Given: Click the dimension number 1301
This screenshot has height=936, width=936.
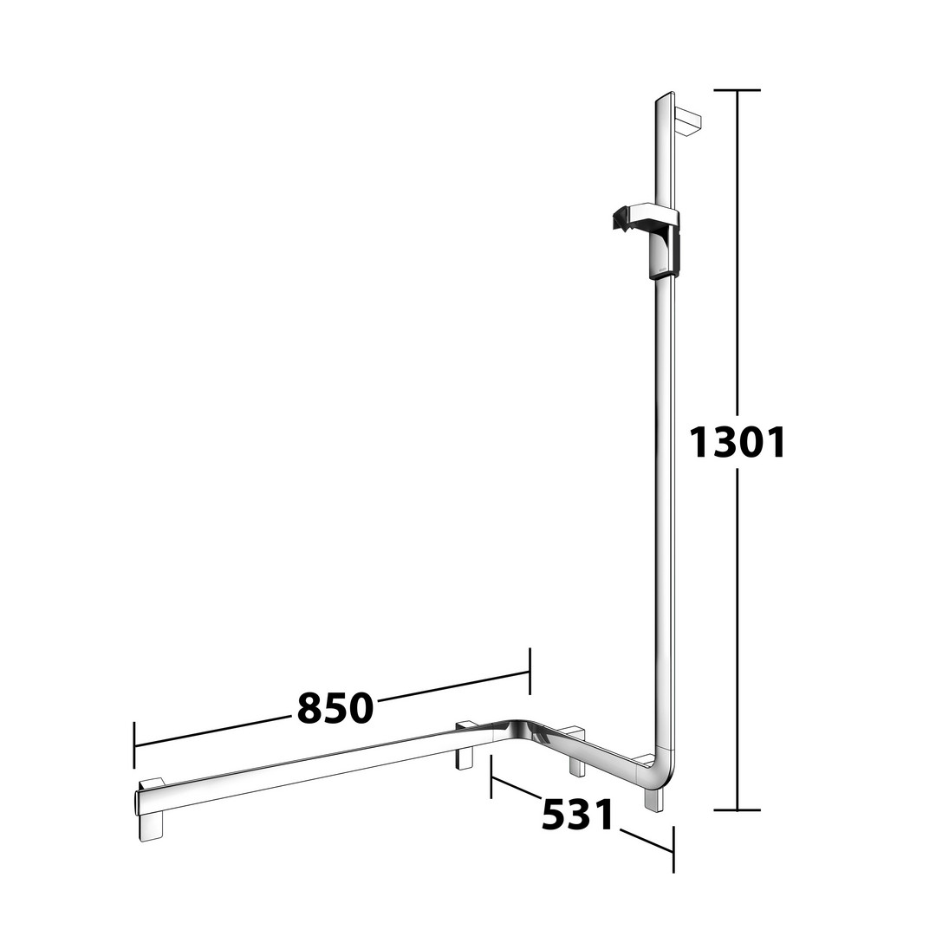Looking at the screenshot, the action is coord(738,443).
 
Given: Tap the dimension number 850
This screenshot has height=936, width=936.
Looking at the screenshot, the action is coord(335,709).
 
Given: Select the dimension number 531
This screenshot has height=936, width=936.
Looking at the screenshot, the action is coord(577,815).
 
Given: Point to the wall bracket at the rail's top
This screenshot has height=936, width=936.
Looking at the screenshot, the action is coord(687,122).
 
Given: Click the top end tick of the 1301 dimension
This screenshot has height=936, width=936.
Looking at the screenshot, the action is coord(738,90).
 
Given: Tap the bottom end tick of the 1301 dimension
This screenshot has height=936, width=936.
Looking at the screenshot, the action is coord(738,810).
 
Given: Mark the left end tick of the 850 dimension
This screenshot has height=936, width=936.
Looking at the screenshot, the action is coord(134,745).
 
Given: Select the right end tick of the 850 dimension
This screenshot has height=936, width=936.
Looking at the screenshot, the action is coord(530,671).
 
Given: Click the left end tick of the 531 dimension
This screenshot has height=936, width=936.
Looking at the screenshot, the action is coord(491,776).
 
